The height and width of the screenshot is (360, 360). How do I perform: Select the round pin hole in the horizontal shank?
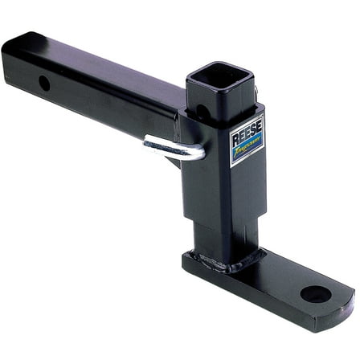coord(44,83)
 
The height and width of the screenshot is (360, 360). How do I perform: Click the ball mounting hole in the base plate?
coord(315,293)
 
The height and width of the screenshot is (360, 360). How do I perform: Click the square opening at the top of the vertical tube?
coord(222,80)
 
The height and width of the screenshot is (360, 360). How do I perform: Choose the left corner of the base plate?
coord(186,257)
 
